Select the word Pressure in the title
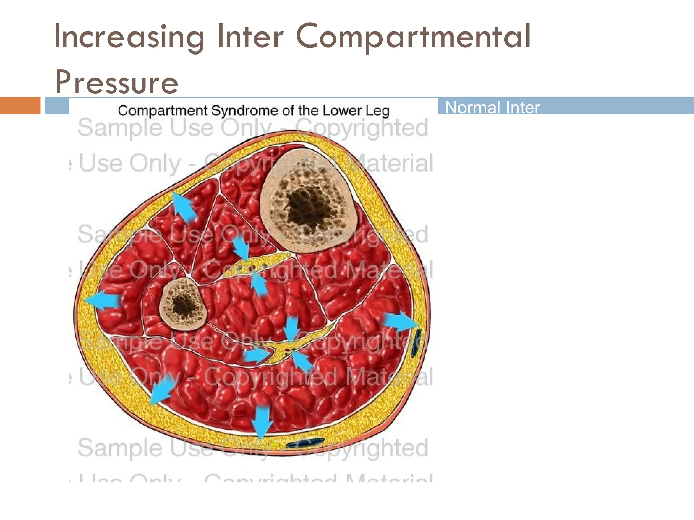(116, 82)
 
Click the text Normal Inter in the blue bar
(492, 108)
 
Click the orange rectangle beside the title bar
(20, 106)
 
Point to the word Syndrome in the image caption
(251, 111)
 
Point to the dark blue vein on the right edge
(416, 344)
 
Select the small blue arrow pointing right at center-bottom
(258, 355)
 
